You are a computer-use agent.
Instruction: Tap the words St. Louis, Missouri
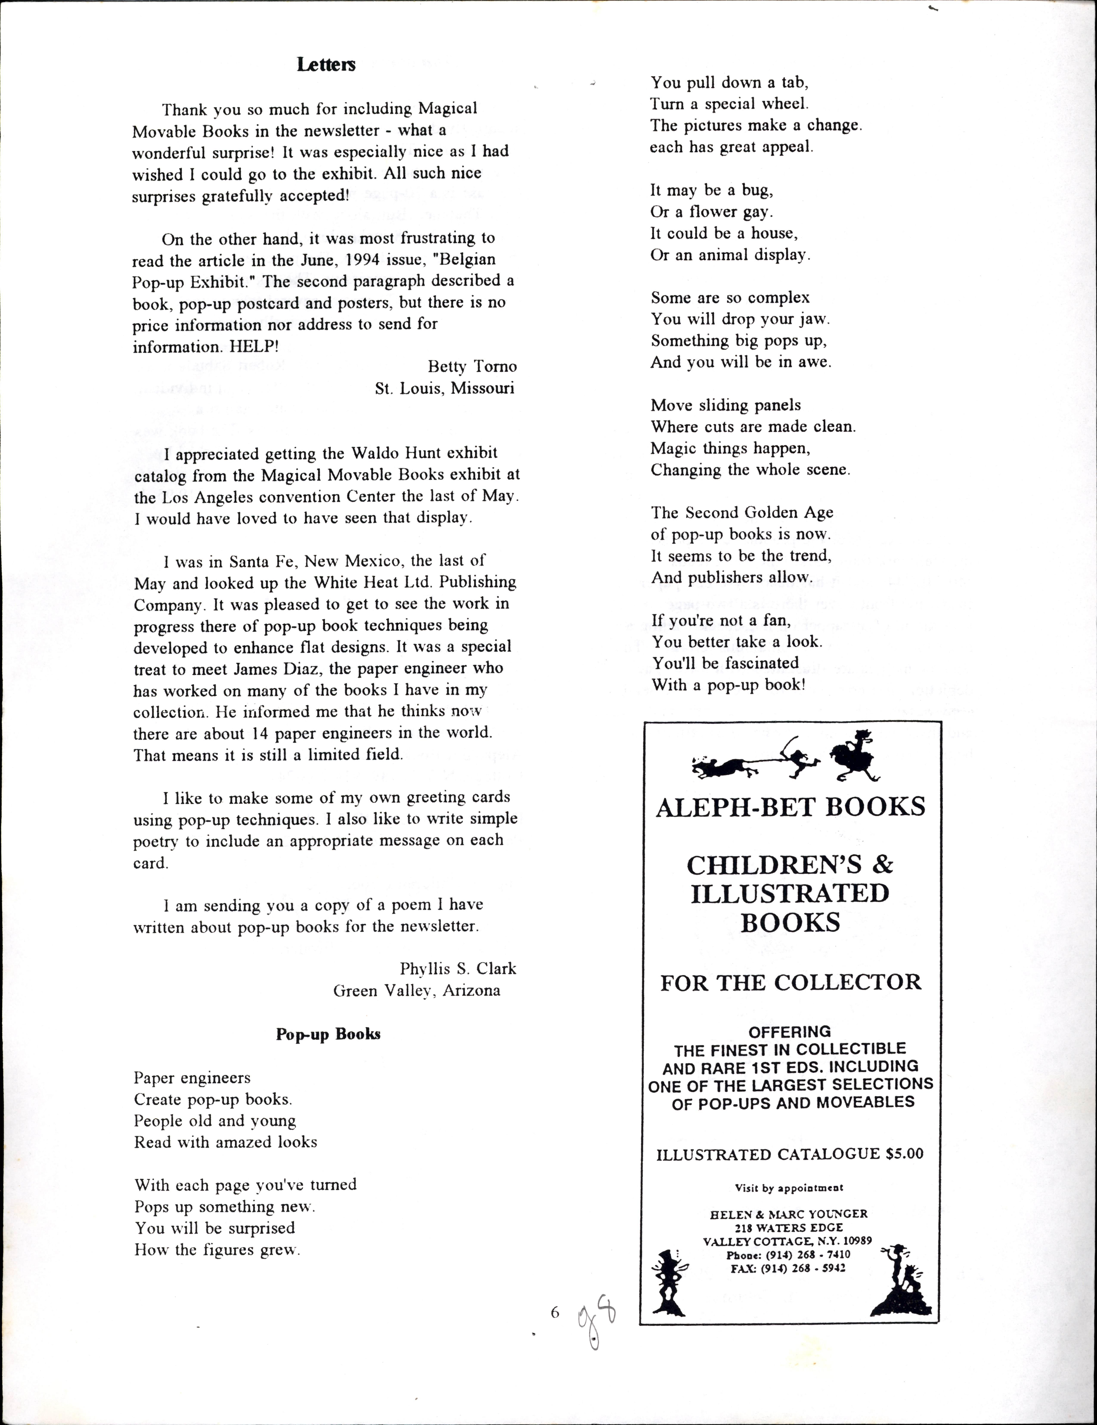(445, 388)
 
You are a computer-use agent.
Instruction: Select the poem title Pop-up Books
(328, 1034)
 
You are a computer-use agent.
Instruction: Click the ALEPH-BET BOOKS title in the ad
(790, 807)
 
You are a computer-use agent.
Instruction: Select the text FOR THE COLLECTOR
(790, 982)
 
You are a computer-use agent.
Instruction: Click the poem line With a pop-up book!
(728, 684)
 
